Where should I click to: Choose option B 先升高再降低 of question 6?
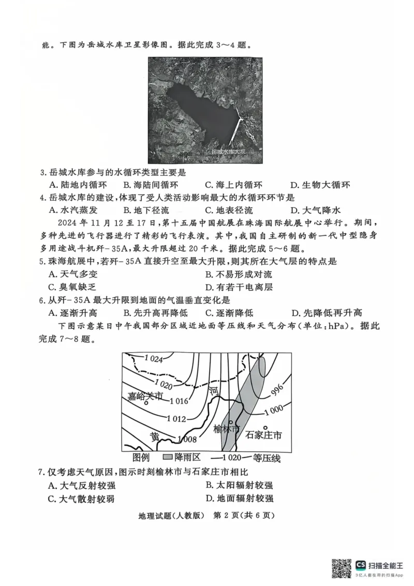coord(155,313)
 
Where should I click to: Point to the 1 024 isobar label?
coord(153,359)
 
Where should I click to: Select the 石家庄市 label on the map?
coord(263,435)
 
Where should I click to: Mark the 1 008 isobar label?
coord(185,439)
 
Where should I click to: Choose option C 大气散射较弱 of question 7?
coord(81,499)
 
